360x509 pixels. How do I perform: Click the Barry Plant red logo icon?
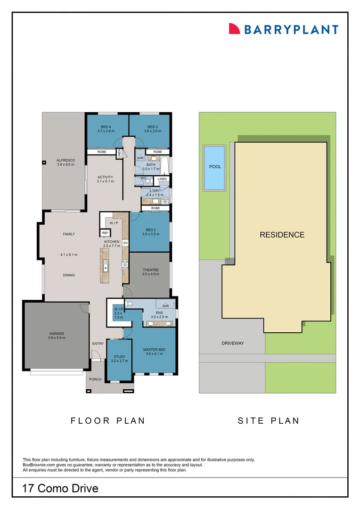tap(234, 29)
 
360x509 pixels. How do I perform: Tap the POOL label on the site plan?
tap(215, 166)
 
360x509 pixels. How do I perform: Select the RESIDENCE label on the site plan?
tap(282, 235)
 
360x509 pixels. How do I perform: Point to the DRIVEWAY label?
tap(233, 343)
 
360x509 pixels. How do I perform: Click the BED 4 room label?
tap(106, 127)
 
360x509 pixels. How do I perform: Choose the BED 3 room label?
tap(153, 127)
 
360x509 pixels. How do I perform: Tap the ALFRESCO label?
tap(65, 160)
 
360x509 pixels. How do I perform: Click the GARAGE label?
tap(57, 333)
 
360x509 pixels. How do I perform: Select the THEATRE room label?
tap(151, 270)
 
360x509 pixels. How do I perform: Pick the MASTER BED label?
tap(154, 350)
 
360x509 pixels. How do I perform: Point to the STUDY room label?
tap(120, 356)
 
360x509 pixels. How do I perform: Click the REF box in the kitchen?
tap(105, 233)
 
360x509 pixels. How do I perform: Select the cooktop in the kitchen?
tap(125, 264)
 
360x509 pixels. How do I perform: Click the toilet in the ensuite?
tap(129, 304)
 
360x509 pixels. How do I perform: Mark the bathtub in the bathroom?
tap(164, 165)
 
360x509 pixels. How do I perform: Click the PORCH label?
tap(96, 379)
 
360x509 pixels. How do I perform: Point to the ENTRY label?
tap(98, 344)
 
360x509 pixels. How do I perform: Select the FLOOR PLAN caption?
tap(108, 421)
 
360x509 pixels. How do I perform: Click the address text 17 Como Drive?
tap(60, 488)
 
